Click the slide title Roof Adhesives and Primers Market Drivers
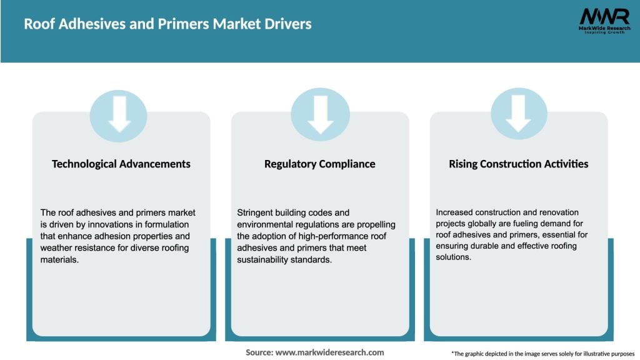(x=167, y=24)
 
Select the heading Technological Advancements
(x=121, y=164)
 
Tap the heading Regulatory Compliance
(x=320, y=164)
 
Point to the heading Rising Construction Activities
(x=519, y=164)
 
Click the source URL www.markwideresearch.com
(x=330, y=352)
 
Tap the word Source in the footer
(x=259, y=352)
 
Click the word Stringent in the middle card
(x=254, y=212)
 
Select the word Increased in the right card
(x=456, y=212)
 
